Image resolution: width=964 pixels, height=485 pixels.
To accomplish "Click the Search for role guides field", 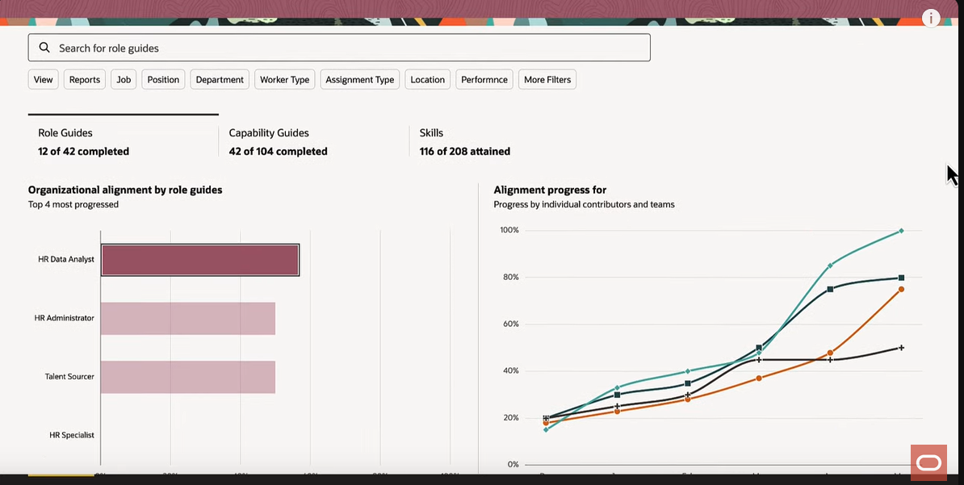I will coord(339,48).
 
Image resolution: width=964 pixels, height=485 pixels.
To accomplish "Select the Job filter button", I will coord(124,79).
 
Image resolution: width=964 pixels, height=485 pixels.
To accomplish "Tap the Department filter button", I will coord(220,79).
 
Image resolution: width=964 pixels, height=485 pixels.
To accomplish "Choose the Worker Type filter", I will coord(284,79).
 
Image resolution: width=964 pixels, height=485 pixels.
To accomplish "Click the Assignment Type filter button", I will coord(360,79).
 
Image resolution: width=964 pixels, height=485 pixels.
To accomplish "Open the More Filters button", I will coord(547,79).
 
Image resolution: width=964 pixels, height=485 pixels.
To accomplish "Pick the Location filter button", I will coord(427,79).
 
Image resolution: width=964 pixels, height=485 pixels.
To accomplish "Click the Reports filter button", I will coord(85,79).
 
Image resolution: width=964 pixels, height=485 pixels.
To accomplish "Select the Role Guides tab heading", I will coord(65,132).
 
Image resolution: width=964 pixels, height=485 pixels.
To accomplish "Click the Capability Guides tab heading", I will coord(269,132).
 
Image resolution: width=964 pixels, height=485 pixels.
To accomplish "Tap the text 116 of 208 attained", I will coord(465,151).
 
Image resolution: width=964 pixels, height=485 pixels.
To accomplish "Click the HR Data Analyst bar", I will coord(200,260).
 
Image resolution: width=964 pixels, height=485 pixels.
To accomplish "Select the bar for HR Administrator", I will coord(188,318).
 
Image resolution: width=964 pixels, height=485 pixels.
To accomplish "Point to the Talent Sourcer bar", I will coord(188,377).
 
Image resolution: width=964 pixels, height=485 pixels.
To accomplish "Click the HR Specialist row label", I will coord(72,435).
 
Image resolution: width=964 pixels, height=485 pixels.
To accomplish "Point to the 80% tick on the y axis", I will coord(509,277).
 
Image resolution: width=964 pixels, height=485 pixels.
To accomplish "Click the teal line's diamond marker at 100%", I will coord(901,231).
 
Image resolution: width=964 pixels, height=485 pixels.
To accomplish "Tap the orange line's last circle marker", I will coord(901,289).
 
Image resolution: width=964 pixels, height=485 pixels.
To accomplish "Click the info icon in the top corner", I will coord(931,18).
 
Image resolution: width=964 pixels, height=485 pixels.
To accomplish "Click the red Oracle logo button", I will coord(928,462).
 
